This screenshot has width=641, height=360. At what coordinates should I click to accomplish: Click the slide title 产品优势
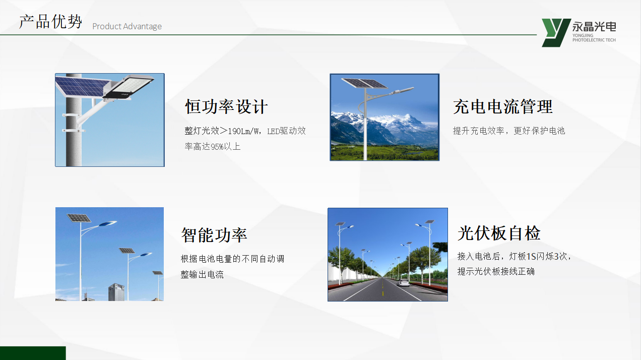[51, 22]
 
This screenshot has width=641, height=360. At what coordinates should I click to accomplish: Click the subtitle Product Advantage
[127, 26]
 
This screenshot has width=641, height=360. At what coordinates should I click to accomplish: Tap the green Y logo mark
[555, 33]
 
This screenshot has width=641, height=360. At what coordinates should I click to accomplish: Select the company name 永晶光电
[594, 27]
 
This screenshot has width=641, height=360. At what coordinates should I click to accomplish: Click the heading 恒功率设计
[226, 107]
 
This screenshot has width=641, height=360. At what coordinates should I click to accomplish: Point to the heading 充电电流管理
[503, 107]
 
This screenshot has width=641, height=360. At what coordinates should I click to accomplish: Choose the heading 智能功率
[214, 235]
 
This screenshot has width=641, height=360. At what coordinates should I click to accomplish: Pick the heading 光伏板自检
[499, 233]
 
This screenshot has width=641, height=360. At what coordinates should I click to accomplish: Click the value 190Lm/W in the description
[244, 131]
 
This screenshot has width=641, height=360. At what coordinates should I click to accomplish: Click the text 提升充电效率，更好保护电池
[509, 131]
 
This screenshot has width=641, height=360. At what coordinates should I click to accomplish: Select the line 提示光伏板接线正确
[496, 271]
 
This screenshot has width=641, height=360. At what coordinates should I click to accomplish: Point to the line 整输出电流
[202, 274]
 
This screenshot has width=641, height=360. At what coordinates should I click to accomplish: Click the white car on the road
[404, 283]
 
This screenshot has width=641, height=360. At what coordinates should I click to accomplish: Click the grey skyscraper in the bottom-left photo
[116, 292]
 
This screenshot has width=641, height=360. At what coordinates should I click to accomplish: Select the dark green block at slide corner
[33, 353]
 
